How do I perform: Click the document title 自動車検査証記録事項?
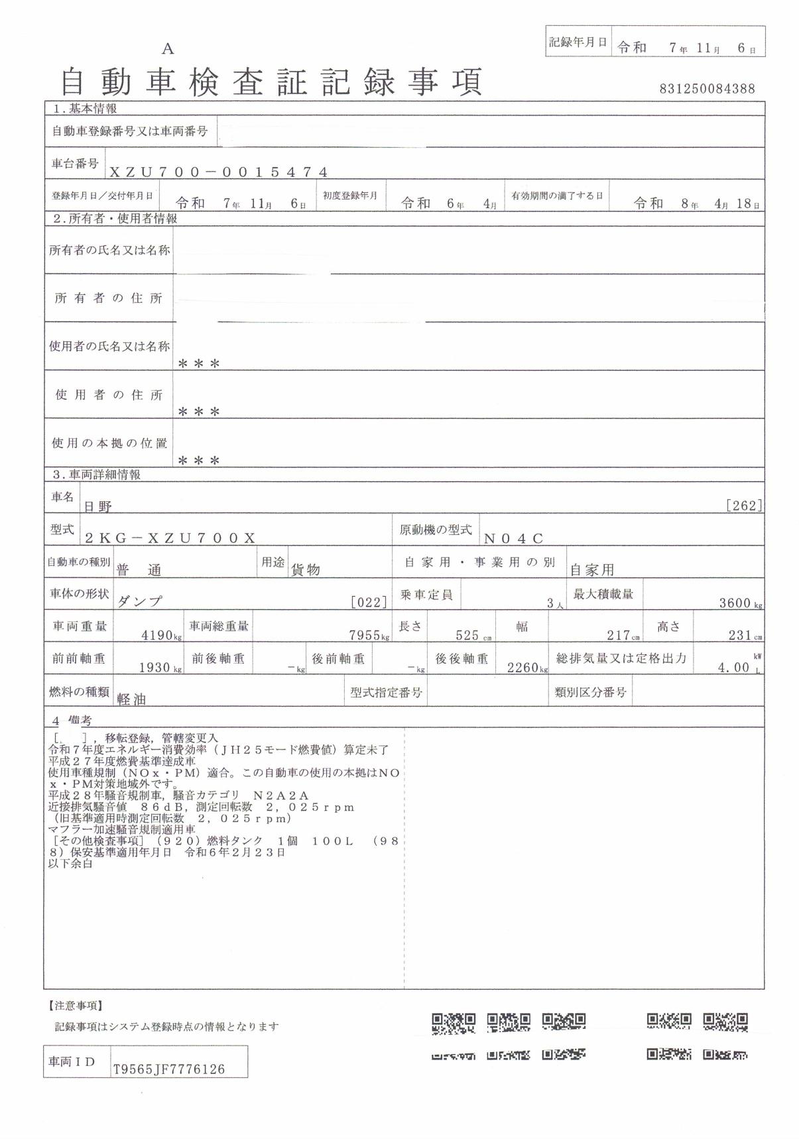(271, 83)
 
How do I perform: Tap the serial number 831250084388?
(707, 89)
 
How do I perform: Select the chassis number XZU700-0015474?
(218, 172)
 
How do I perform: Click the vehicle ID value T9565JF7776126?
(169, 1069)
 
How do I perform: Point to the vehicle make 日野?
(97, 507)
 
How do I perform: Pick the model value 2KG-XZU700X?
(170, 538)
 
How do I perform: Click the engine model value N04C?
(514, 538)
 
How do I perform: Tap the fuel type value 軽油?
(131, 699)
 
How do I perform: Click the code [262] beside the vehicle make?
(744, 506)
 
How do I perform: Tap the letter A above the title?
(168, 48)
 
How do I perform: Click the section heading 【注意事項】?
(76, 1006)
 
